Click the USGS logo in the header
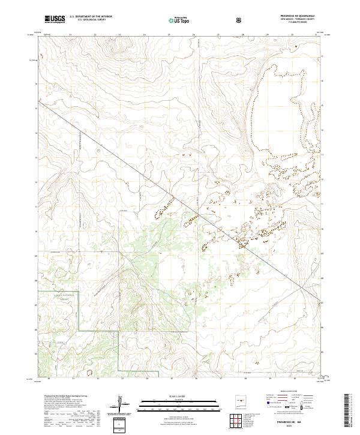55,19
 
